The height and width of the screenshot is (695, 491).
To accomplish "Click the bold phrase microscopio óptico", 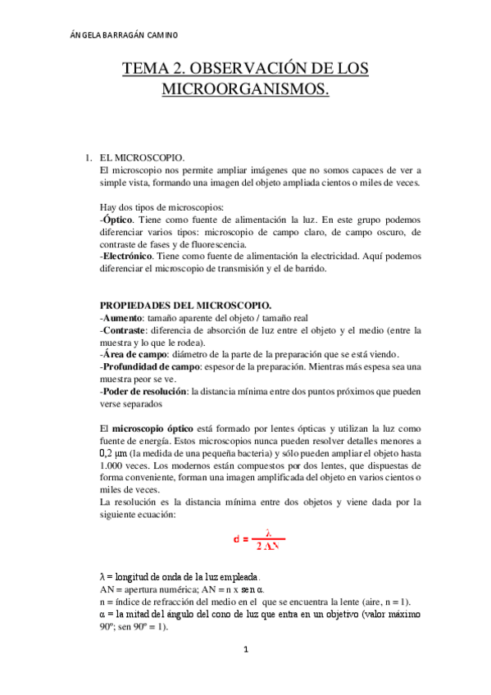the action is coord(155,428).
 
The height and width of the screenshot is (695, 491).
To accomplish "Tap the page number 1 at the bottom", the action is coord(244,651).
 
